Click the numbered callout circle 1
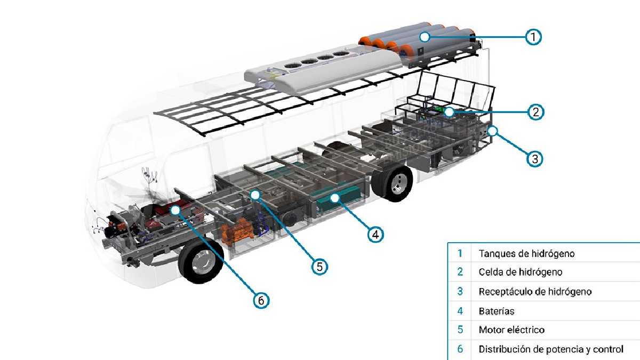533,37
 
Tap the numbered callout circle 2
535,112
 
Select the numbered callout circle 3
535,158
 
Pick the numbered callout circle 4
375,234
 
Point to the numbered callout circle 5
319,266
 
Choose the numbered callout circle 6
261,300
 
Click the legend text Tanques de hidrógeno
526,253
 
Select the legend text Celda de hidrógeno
520,272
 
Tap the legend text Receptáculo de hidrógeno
535,292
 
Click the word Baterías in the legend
496,311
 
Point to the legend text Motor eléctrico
511,330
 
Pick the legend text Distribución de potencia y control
551,349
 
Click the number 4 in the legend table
460,311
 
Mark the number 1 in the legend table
460,253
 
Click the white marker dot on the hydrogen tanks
424,37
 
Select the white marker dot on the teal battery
335,198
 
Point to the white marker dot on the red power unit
175,210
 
